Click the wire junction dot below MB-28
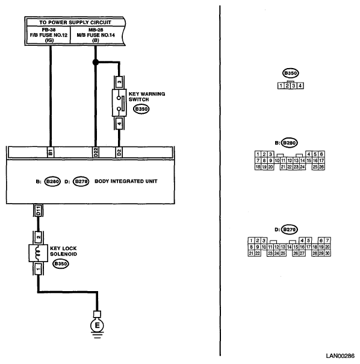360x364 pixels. [95, 62]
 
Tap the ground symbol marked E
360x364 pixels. [97, 325]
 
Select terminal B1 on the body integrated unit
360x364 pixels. [51, 152]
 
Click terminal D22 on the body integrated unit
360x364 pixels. [96, 152]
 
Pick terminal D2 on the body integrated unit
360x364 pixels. [119, 152]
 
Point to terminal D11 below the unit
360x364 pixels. [39, 210]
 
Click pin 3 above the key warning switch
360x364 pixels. [119, 82]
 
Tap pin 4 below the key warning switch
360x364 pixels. [119, 124]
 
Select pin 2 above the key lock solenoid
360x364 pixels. [39, 237]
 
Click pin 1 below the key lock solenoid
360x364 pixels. [39, 269]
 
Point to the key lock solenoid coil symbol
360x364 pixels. [39, 253]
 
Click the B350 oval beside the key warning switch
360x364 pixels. [141, 109]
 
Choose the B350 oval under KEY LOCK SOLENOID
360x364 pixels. [61, 264]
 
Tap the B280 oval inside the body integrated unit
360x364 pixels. [52, 181]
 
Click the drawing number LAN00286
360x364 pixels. [340, 356]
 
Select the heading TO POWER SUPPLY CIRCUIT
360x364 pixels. [75, 22]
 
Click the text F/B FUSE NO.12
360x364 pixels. [49, 35]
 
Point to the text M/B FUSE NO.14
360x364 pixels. [96, 35]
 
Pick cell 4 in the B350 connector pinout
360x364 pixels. [300, 86]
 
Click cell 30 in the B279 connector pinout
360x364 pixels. [327, 253]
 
